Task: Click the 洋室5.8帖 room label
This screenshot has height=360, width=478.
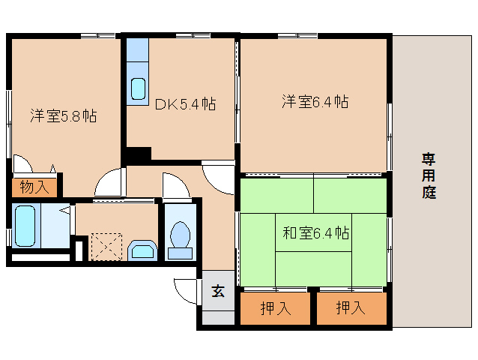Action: [x=64, y=116]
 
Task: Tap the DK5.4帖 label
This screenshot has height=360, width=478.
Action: [x=185, y=104]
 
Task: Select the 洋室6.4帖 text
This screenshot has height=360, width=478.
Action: [x=315, y=101]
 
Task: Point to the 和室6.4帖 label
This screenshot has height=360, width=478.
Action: [x=316, y=233]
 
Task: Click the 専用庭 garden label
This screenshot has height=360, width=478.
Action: [x=429, y=175]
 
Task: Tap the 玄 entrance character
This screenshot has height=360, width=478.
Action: [x=218, y=291]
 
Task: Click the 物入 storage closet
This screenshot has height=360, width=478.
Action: [x=34, y=187]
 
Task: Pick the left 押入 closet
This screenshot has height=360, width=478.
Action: [x=275, y=308]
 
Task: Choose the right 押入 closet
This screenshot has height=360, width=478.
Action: [x=351, y=308]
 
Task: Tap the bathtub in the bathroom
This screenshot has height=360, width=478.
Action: [x=25, y=226]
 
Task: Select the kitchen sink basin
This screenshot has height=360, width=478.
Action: [x=138, y=88]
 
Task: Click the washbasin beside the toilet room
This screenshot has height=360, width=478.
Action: [x=142, y=250]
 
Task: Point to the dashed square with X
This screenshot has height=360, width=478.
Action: [x=106, y=247]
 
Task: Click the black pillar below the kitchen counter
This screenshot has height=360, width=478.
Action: [x=139, y=153]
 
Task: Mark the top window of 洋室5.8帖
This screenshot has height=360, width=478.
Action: [x=98, y=36]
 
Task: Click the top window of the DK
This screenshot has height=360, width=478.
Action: [x=193, y=36]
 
